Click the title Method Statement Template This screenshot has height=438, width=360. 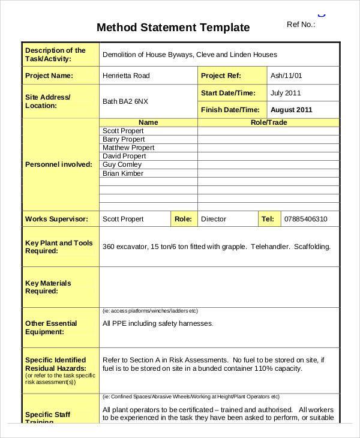[173, 28]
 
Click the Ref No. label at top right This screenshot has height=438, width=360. [301, 25]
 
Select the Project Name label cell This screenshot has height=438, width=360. [49, 76]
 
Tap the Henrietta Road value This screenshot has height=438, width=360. [126, 76]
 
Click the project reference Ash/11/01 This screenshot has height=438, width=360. [287, 76]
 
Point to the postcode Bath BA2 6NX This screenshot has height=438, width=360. [126, 101]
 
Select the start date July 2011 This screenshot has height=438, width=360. [286, 93]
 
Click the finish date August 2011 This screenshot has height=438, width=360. [291, 110]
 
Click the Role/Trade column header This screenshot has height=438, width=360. [268, 122]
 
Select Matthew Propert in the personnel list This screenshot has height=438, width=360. [128, 148]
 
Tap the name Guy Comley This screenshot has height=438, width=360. [122, 164]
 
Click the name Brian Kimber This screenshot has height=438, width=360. [123, 173]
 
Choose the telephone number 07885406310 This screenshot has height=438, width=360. [305, 219]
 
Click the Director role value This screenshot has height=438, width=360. [214, 219]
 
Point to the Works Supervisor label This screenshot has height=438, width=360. [56, 219]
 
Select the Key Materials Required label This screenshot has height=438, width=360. [48, 287]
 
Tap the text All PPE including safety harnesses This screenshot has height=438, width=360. [158, 323]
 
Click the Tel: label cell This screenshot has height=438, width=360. [268, 219]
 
